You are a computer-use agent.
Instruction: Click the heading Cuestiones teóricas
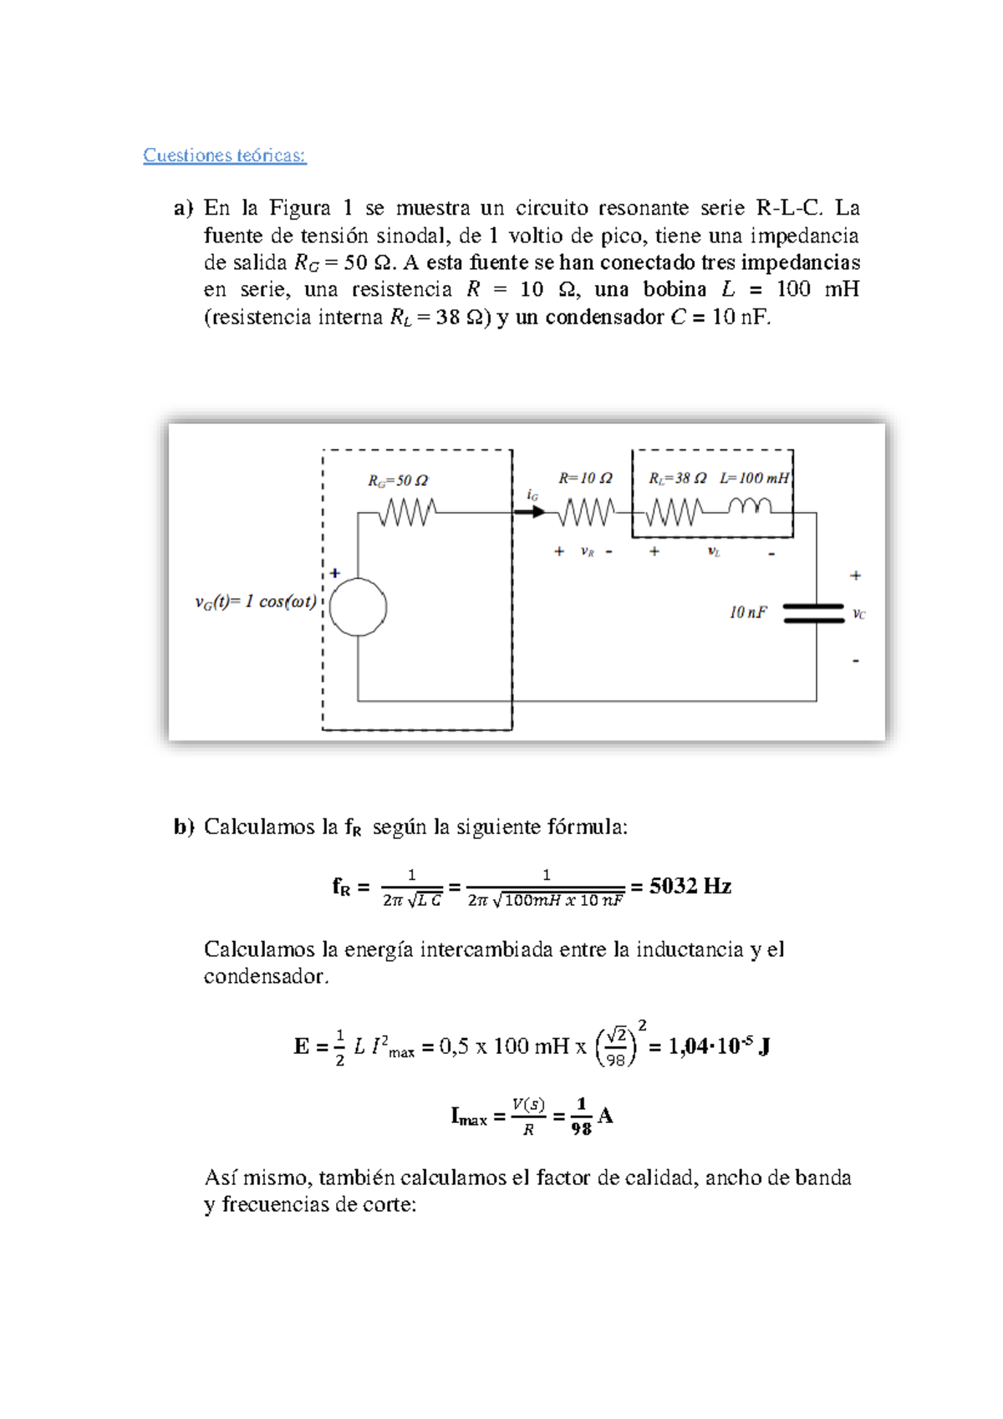[224, 155]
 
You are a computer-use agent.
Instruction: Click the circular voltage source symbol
[358, 608]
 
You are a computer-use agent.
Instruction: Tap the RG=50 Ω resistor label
[398, 481]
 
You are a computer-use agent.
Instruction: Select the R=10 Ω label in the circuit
[585, 478]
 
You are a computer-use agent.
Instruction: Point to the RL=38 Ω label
[677, 478]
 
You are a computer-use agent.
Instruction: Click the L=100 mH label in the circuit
[754, 478]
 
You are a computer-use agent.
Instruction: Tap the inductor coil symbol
[750, 506]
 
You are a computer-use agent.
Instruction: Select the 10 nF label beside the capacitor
[747, 613]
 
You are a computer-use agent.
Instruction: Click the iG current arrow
[529, 511]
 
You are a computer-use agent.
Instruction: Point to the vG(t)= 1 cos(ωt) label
[256, 602]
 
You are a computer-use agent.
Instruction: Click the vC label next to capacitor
[858, 614]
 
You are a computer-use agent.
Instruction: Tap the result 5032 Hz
[690, 887]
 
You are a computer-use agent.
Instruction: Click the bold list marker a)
[183, 208]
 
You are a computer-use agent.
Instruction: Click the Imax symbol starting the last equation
[468, 1116]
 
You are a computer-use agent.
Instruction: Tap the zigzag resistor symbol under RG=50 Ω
[407, 511]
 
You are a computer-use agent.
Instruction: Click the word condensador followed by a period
[263, 976]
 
